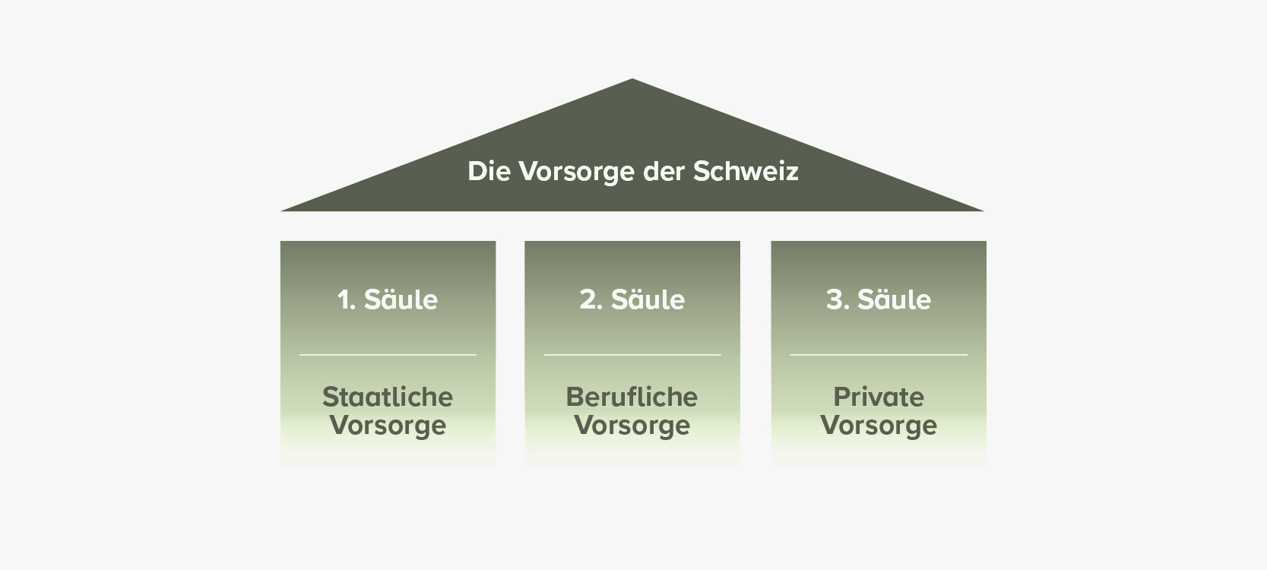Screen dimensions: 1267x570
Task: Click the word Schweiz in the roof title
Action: tap(746, 171)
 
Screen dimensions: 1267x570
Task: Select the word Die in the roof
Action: tap(489, 171)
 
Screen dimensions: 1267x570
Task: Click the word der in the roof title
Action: tap(664, 171)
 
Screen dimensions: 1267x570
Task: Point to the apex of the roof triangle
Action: tap(632, 79)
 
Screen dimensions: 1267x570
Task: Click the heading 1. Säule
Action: tap(388, 299)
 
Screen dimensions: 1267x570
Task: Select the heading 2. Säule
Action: tap(632, 299)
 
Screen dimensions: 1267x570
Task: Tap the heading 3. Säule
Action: tap(879, 299)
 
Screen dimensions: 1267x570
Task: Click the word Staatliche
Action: tap(388, 397)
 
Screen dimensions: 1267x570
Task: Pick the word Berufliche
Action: tap(632, 397)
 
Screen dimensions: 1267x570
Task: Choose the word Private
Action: tap(879, 397)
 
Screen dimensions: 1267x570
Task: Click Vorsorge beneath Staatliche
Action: tap(388, 426)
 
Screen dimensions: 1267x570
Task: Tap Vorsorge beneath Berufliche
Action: tap(632, 426)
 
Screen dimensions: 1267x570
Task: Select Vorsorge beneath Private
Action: tap(879, 426)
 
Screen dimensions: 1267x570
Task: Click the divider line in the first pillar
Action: tap(388, 355)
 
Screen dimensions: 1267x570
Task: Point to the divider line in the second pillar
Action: tap(632, 355)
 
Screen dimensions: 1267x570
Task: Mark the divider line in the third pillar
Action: tap(879, 355)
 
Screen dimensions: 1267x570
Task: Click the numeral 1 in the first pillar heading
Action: tap(344, 299)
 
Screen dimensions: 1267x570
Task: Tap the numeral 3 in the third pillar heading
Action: tap(835, 299)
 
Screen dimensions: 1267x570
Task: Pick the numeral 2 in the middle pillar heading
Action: tap(588, 299)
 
